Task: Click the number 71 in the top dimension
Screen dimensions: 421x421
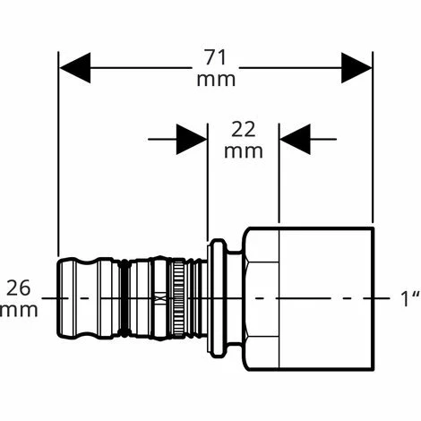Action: coord(216,58)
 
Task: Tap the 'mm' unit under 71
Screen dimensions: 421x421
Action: coord(216,80)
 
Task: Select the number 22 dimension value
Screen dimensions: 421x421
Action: coord(244,130)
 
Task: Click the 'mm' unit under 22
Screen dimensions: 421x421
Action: coord(244,151)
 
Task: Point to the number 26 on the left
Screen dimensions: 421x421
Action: coord(19,288)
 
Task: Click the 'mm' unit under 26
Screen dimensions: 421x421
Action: coord(19,310)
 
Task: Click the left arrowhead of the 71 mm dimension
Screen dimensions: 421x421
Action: coord(75,68)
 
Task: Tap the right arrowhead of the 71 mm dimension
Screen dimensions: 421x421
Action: coord(357,68)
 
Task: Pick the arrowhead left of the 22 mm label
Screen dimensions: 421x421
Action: coord(192,139)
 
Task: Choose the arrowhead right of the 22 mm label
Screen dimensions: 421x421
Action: coord(295,139)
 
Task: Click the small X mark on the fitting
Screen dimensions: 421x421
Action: coord(160,298)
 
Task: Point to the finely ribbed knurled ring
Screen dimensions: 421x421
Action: coord(178,298)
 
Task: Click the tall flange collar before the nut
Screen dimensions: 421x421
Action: coord(218,298)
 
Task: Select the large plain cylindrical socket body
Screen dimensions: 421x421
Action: coord(326,298)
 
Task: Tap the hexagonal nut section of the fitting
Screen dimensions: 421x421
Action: coord(262,298)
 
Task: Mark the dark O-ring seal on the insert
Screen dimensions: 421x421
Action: coord(125,298)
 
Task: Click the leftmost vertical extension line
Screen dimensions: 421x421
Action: coord(58,154)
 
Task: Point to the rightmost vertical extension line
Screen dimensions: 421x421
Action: coord(373,137)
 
